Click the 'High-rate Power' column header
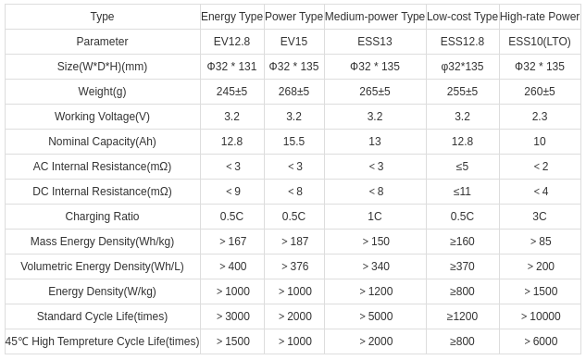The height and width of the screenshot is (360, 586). (539, 17)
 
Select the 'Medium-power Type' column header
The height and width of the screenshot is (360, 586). (374, 17)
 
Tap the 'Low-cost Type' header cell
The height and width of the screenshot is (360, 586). (462, 17)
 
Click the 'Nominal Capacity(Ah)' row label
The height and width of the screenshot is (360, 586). (102, 142)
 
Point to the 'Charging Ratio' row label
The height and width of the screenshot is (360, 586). (102, 217)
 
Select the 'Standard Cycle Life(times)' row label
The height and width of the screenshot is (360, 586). (102, 317)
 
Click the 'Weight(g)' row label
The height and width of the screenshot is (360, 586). (102, 92)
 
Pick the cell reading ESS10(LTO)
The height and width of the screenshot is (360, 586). (540, 42)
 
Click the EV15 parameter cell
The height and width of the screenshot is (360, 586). (293, 42)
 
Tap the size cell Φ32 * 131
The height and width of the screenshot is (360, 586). (231, 67)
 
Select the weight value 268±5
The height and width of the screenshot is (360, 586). (293, 92)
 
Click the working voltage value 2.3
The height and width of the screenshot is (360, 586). (540, 117)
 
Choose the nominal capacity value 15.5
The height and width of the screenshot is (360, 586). (293, 142)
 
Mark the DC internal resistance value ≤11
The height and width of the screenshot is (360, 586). (462, 192)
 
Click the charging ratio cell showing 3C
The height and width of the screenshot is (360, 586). (540, 217)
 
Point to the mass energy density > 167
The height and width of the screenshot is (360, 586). (231, 242)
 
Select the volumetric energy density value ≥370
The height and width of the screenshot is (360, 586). (462, 267)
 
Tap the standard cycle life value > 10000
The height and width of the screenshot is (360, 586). (540, 317)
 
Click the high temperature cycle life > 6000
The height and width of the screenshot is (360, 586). (540, 341)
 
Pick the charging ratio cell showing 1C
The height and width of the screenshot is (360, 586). (374, 217)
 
